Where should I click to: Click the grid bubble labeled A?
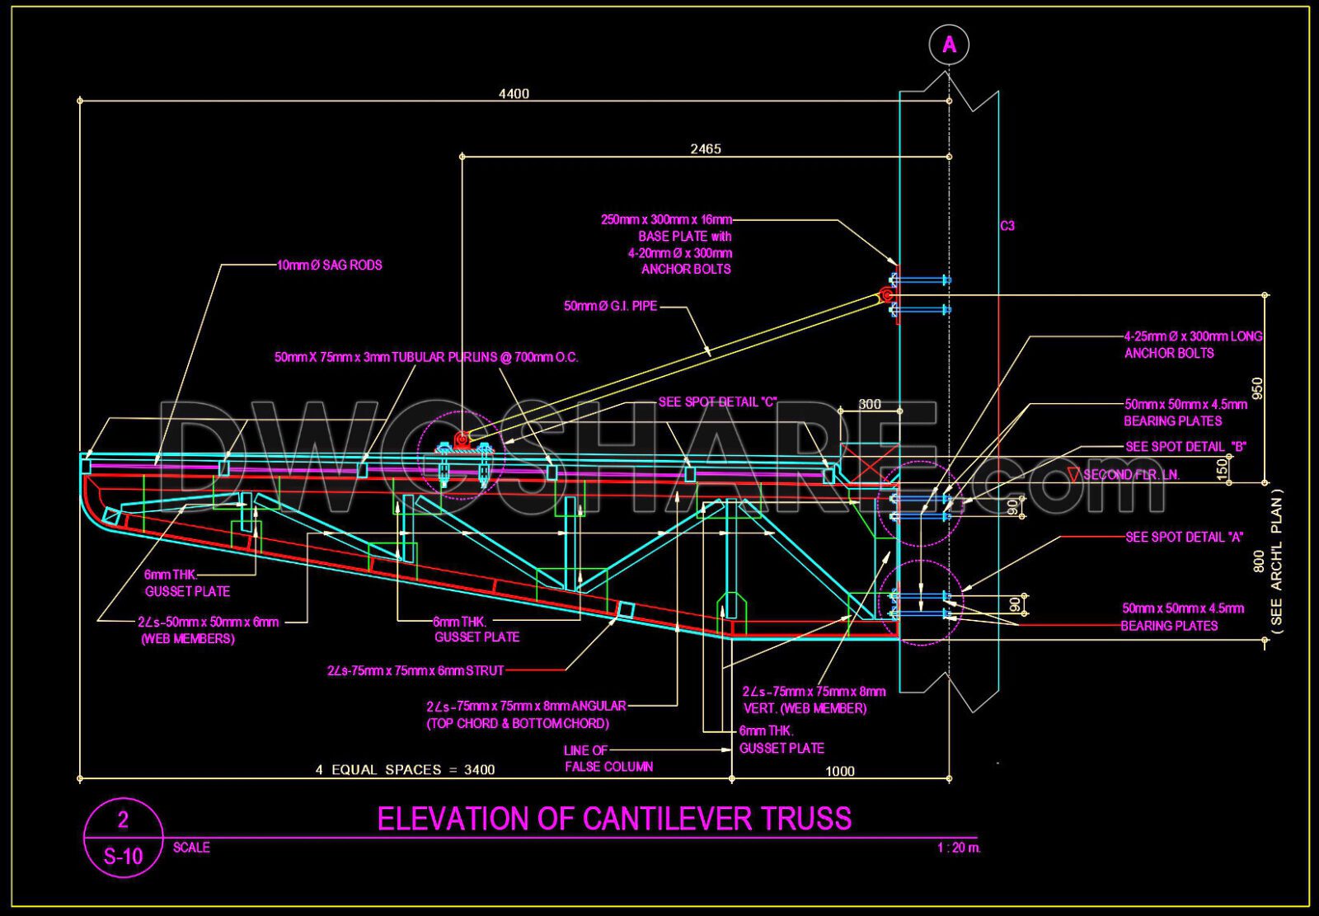(x=949, y=45)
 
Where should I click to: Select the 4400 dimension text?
(x=514, y=94)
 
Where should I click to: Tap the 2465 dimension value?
(x=706, y=149)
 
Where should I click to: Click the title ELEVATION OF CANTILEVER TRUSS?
(x=614, y=819)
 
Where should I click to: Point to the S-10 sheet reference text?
(x=123, y=857)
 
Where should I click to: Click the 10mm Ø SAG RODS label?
(x=330, y=265)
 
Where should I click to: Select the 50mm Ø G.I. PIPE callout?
(x=611, y=306)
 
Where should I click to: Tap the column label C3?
(x=1007, y=226)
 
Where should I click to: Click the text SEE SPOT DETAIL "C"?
(x=717, y=402)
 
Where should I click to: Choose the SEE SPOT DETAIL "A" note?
(x=1185, y=537)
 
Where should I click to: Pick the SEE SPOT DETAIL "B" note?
(x=1185, y=447)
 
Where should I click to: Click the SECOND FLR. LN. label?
(x=1131, y=475)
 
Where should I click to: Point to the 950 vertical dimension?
(x=1257, y=388)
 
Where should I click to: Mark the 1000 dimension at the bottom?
(x=840, y=771)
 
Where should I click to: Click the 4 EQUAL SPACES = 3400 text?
(x=405, y=770)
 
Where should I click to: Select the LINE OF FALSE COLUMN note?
(x=608, y=759)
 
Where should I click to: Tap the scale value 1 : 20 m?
(x=959, y=848)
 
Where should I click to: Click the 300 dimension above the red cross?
(x=870, y=404)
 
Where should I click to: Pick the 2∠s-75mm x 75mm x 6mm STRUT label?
(x=415, y=671)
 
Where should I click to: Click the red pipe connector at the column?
(x=887, y=295)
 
